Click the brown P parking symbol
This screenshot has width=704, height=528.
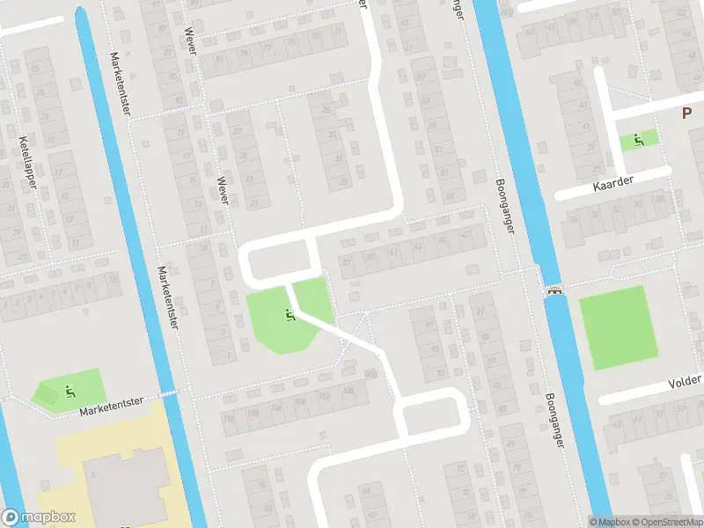coord(686,113)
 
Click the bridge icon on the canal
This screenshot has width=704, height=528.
coord(554,292)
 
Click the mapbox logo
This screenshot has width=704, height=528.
coord(39,517)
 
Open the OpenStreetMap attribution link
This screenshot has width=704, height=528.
coord(667,522)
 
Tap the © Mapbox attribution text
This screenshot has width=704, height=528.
coord(609,522)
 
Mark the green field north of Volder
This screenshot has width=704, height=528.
coord(618,328)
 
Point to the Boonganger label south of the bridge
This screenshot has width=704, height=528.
coord(554,421)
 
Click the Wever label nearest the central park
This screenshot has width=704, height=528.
coord(224,188)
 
